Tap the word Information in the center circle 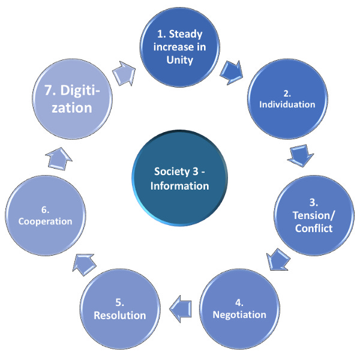(180, 185)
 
